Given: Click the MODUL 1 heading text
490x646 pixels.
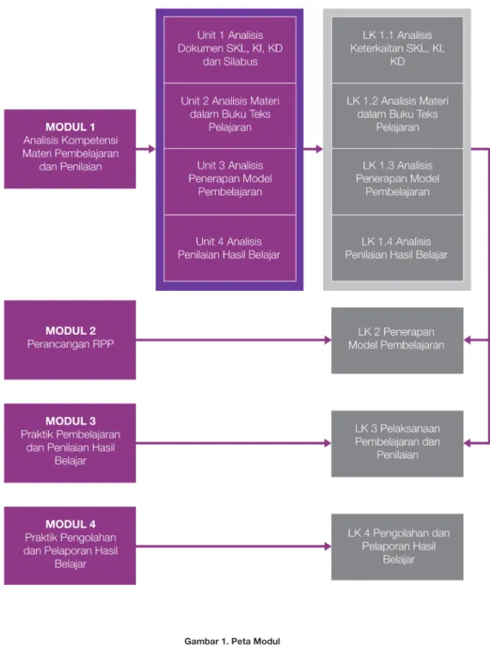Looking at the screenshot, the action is (x=70, y=127).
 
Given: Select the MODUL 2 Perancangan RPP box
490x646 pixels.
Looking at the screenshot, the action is (x=70, y=340).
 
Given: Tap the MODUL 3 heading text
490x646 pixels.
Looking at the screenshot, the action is (x=70, y=421).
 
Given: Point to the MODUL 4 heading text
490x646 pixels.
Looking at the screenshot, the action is (x=70, y=524).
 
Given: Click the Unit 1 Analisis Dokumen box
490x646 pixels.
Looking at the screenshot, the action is (x=230, y=50).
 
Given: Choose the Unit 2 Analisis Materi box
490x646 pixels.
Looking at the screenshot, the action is (x=230, y=116).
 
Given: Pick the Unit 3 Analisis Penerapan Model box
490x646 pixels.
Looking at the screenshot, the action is (x=230, y=181).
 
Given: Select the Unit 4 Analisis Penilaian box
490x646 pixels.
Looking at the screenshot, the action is (x=230, y=248).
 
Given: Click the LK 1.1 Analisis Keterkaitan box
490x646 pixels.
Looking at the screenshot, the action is (x=397, y=50).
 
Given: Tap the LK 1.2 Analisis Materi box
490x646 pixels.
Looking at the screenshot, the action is (x=397, y=116).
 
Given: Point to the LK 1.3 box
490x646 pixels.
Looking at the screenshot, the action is (x=397, y=181).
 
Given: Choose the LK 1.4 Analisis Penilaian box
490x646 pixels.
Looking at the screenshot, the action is (x=397, y=248).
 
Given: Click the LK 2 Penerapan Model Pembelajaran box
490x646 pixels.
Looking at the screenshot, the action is (x=397, y=341).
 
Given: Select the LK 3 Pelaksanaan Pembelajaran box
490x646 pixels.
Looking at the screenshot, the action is (x=397, y=444).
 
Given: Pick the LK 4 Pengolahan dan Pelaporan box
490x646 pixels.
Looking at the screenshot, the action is (x=397, y=547).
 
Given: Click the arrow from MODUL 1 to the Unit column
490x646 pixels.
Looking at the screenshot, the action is (x=146, y=149).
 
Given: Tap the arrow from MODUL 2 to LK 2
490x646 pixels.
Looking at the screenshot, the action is (x=234, y=340).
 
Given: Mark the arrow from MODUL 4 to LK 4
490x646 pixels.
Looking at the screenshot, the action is (x=234, y=546).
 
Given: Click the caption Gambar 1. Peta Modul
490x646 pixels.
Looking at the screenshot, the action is (x=232, y=641).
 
